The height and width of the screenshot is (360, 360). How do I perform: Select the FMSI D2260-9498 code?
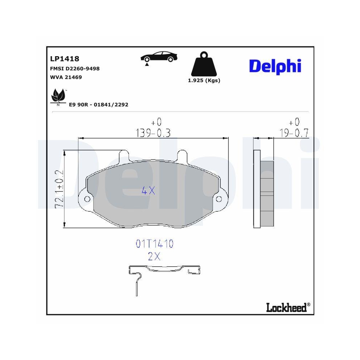(x=75, y=68)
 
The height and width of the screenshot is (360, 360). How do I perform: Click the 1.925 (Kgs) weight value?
(x=204, y=81)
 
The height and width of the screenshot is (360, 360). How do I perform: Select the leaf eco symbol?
(x=57, y=96)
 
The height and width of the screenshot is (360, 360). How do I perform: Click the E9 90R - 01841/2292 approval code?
(x=98, y=104)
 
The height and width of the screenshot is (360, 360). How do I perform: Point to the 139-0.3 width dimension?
(x=153, y=133)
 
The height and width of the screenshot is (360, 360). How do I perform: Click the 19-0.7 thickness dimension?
(x=294, y=133)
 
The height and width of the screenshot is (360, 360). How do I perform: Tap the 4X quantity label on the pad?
(x=148, y=191)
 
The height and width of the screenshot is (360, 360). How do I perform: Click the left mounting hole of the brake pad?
(x=86, y=199)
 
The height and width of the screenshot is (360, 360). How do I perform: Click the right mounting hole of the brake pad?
(x=219, y=199)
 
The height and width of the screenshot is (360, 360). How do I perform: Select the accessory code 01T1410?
(x=154, y=244)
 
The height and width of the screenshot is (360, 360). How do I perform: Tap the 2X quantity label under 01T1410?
(x=154, y=257)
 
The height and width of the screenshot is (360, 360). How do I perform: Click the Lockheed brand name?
(x=286, y=307)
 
